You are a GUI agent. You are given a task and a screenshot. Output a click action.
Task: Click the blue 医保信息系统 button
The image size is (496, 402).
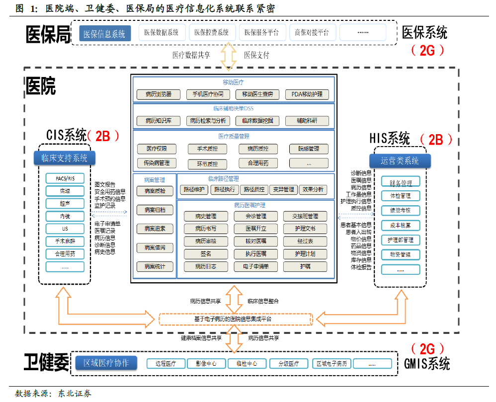click(x=105, y=34)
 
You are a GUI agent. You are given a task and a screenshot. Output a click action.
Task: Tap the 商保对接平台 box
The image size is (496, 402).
click(x=312, y=33)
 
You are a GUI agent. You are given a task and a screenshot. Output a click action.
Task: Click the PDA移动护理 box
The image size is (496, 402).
click(x=307, y=94)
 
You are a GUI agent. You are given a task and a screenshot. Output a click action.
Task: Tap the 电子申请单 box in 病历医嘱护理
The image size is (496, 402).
click(x=256, y=266)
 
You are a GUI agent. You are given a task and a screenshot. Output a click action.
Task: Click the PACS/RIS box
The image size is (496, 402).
click(x=65, y=178)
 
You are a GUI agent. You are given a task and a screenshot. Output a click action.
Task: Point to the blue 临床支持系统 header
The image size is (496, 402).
click(x=64, y=158)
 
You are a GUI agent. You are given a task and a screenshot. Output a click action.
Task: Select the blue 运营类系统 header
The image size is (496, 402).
click(x=400, y=161)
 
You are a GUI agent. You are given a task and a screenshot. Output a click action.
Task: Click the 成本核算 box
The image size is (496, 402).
click(x=401, y=225)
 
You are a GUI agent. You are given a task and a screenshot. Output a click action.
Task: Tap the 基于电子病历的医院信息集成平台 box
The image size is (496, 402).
click(x=236, y=319)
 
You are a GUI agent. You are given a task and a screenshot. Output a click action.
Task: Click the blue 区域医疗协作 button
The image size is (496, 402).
click(x=106, y=363)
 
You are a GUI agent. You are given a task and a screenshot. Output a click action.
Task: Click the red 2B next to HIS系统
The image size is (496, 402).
click(x=435, y=140)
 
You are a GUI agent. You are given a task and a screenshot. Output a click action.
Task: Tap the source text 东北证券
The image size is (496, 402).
click(x=75, y=394)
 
